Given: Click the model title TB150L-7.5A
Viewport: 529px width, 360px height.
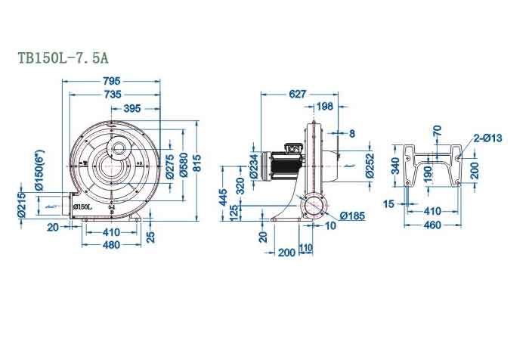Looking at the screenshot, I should [67, 57].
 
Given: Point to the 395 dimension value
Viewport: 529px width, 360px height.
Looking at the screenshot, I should [132, 109].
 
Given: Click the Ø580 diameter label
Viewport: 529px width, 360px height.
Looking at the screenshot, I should [182, 168].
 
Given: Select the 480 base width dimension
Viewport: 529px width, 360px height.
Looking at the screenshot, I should [111, 244].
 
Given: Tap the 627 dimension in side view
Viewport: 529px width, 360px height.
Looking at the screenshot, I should [298, 95].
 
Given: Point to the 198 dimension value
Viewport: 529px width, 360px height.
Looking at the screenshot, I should [326, 107].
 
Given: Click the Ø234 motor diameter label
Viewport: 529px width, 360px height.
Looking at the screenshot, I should [253, 166].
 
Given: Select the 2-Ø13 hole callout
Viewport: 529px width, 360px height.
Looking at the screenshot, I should [487, 138].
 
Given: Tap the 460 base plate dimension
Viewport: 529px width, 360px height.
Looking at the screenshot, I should [432, 225].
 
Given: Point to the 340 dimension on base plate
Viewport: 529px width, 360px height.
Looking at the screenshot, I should [394, 166].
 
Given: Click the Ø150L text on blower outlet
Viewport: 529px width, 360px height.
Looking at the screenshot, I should [83, 206].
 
